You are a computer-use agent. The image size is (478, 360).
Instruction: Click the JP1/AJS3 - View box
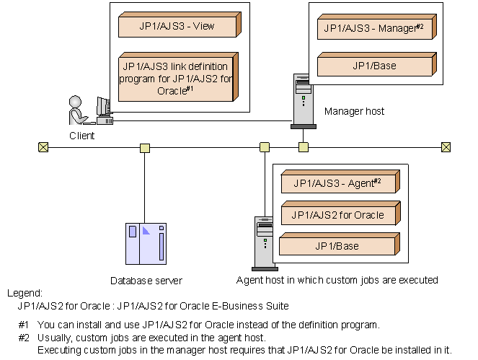click(x=177, y=26)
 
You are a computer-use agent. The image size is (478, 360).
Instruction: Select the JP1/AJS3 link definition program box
click(x=177, y=79)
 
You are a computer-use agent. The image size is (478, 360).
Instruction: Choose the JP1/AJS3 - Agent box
click(x=339, y=183)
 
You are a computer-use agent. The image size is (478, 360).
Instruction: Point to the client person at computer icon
click(x=87, y=112)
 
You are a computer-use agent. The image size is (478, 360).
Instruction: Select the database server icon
click(x=146, y=243)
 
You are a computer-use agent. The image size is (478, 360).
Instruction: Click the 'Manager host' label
click(x=354, y=111)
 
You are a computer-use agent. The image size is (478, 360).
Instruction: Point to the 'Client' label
click(x=82, y=135)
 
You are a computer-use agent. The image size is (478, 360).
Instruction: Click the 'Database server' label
click(x=146, y=280)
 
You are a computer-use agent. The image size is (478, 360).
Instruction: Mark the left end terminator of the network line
click(x=43, y=147)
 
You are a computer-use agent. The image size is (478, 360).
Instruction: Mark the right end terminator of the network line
click(x=446, y=147)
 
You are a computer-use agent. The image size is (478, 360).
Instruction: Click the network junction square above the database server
click(x=145, y=148)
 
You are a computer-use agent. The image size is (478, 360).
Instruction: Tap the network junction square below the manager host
click(x=304, y=147)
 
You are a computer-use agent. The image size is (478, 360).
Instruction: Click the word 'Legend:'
click(x=25, y=293)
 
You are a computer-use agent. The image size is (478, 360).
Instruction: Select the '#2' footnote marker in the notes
click(x=24, y=338)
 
